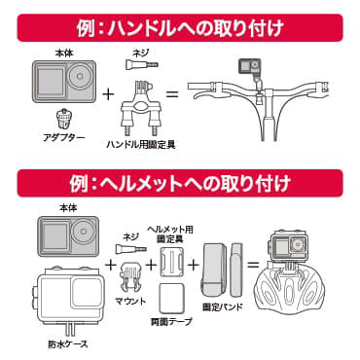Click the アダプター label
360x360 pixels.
[x=64, y=137]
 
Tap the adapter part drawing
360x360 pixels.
[x=63, y=119]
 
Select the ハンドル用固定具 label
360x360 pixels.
[x=141, y=144]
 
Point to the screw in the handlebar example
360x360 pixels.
[x=141, y=64]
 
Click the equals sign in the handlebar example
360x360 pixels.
[x=172, y=94]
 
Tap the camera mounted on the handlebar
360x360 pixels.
[x=250, y=67]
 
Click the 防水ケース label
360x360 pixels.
[x=68, y=343]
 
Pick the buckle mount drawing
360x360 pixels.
[x=130, y=277]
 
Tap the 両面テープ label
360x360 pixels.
[x=171, y=321]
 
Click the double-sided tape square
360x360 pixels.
[x=172, y=299]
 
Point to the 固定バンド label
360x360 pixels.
[x=223, y=306]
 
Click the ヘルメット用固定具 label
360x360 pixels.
[x=170, y=234]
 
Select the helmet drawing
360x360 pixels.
[x=290, y=291]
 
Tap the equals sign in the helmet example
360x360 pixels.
[x=253, y=265]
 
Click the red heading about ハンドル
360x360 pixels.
[x=180, y=28]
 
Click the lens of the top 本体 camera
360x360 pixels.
[x=80, y=76]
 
